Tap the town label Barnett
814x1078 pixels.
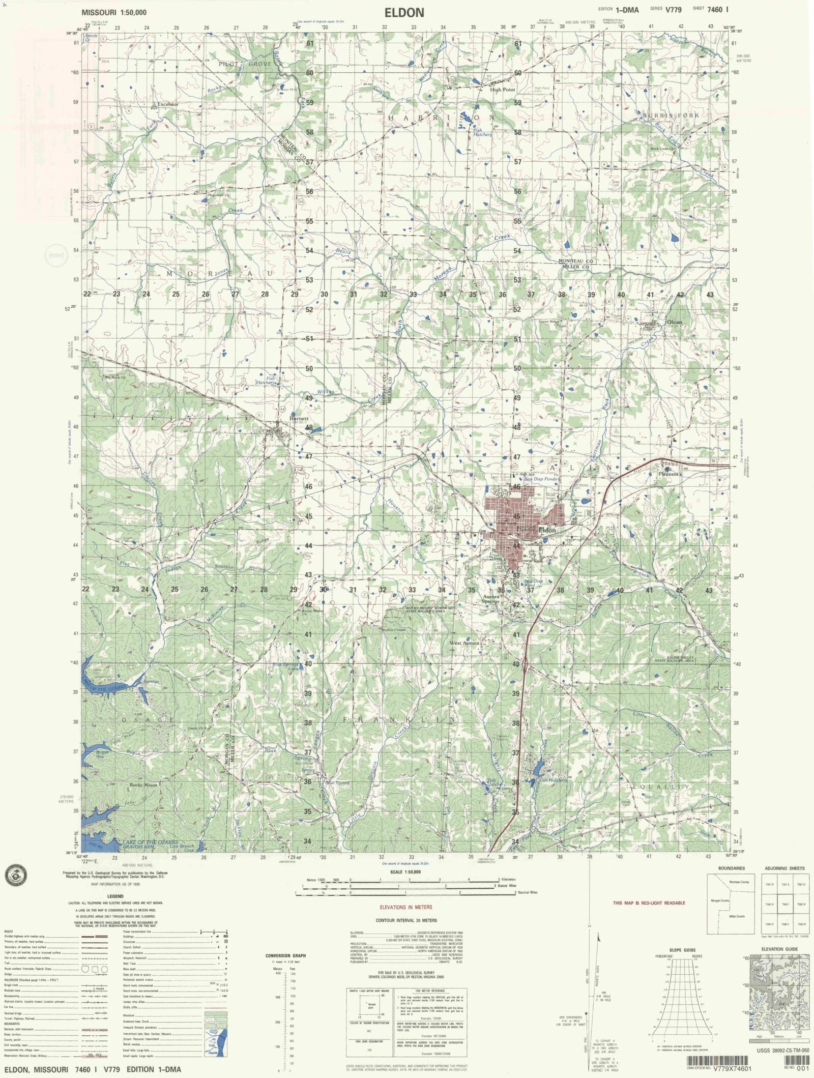[299, 419]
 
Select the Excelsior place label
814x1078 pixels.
[168, 104]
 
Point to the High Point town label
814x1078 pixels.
[502, 90]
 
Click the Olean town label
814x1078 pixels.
[675, 322]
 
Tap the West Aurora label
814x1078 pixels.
[464, 643]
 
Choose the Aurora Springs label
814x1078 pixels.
[490, 598]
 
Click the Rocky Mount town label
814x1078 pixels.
[143, 784]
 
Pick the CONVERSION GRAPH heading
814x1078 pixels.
[285, 955]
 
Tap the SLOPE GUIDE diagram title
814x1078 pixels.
[683, 950]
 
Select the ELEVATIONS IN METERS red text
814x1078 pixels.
[405, 907]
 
